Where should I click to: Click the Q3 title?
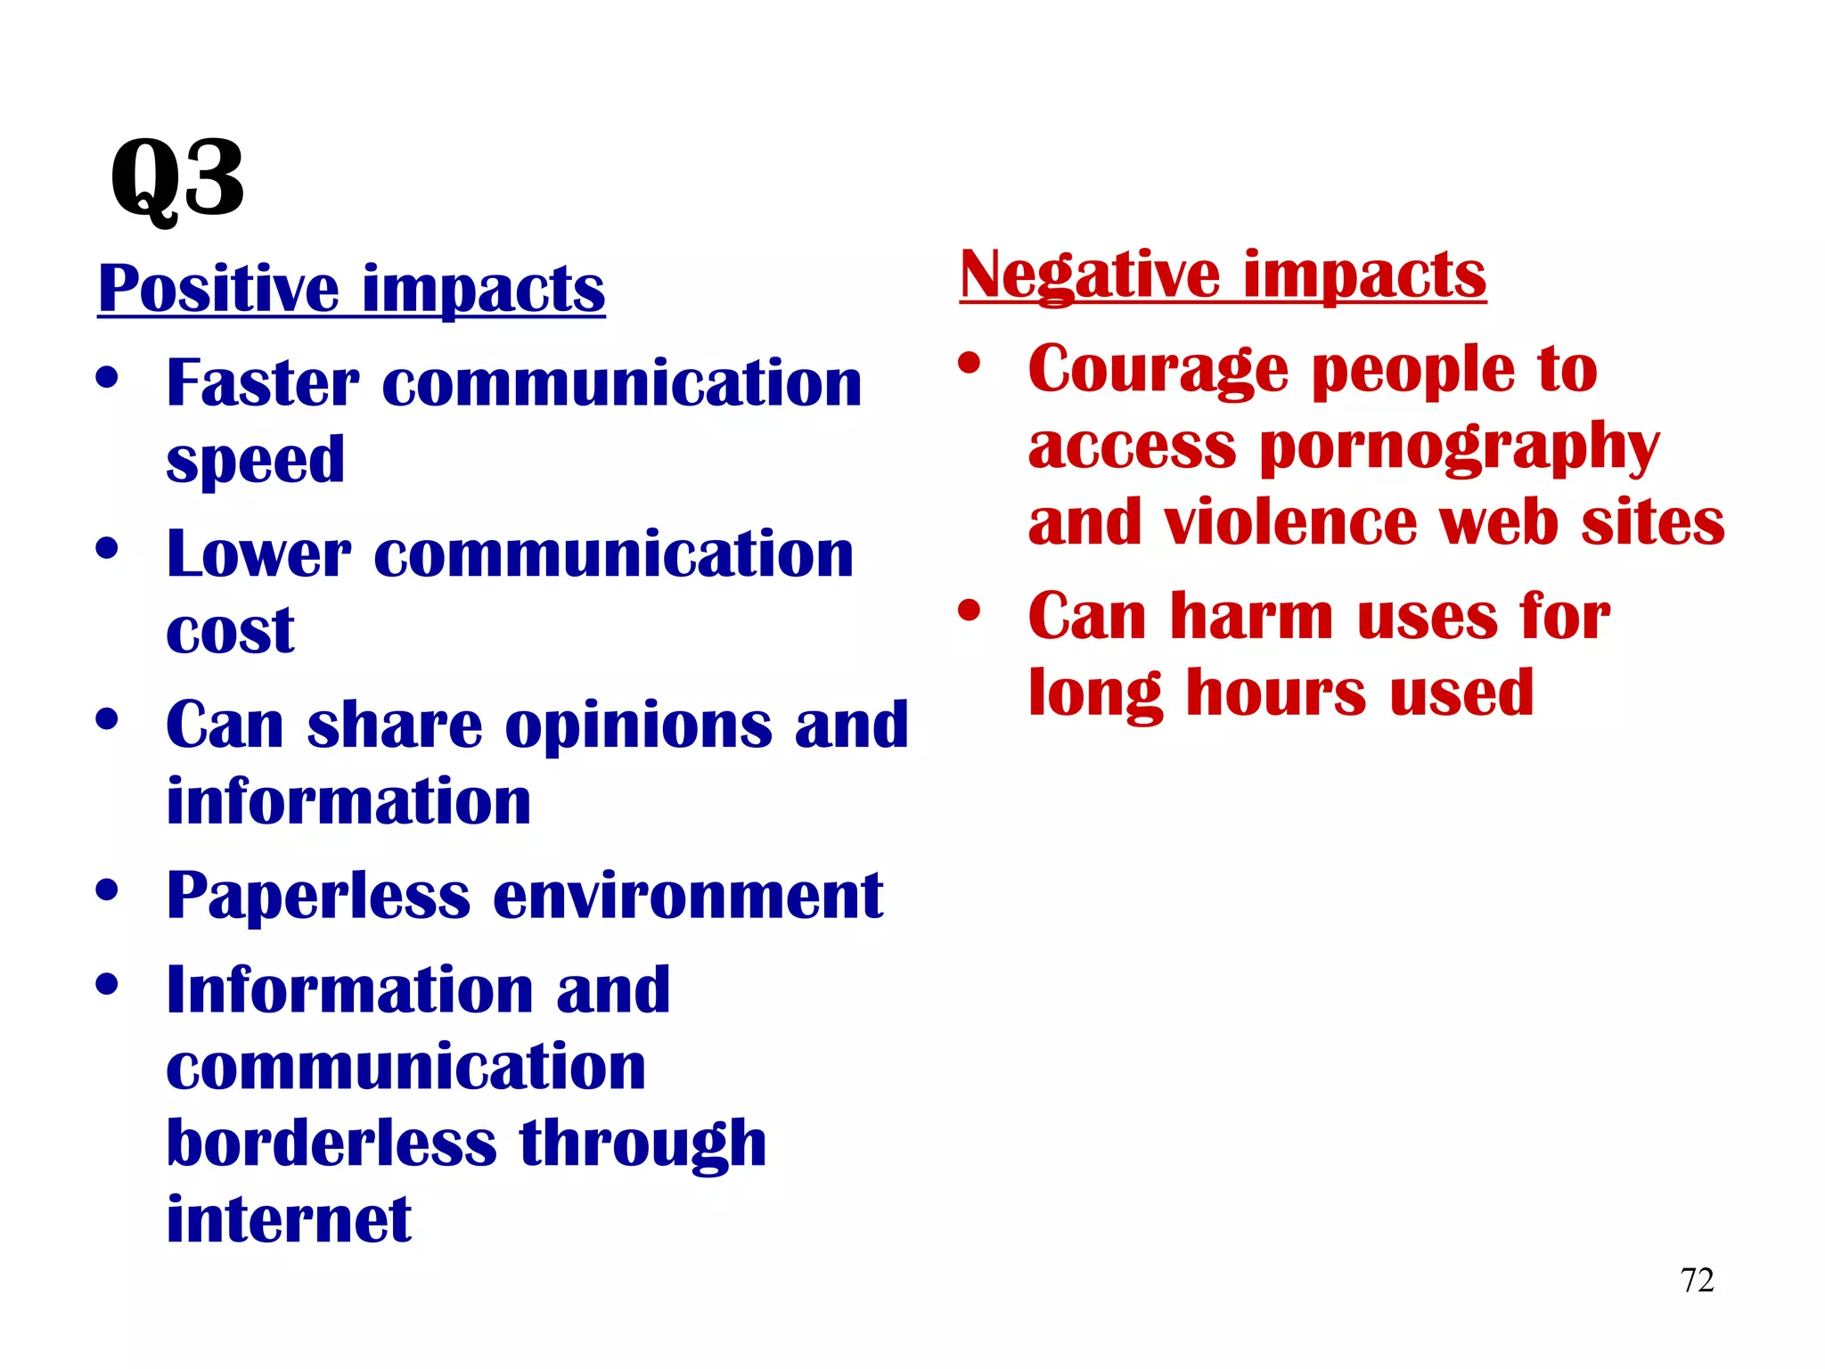point(176,180)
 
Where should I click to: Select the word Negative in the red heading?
point(1089,275)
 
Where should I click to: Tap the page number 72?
point(1697,1280)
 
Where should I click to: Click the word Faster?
point(263,383)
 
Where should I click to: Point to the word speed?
point(255,461)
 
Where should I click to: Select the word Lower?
point(258,554)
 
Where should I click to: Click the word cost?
point(230,631)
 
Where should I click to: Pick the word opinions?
point(638,725)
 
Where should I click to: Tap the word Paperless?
point(318,896)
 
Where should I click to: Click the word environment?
point(687,896)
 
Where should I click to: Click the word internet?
point(289,1219)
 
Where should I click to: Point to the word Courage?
point(1158,370)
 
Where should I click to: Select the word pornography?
point(1460,447)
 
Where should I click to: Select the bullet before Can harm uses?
point(969,611)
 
